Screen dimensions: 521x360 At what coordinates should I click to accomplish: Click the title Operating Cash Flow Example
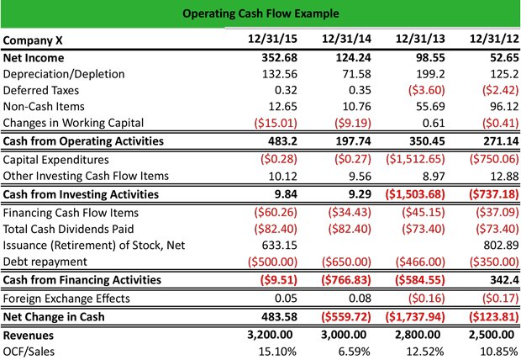tap(260, 13)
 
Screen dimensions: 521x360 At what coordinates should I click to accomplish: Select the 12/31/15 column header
tap(272, 39)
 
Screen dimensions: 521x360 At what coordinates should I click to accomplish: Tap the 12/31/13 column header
tap(420, 39)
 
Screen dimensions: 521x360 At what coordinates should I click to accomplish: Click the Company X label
tap(33, 40)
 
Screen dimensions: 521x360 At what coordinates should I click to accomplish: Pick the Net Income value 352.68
tap(280, 57)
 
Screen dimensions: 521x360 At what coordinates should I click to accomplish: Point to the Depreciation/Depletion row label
tap(64, 74)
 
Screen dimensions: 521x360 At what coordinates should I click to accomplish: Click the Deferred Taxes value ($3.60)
tap(427, 90)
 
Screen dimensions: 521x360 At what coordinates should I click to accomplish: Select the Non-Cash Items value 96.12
tap(504, 107)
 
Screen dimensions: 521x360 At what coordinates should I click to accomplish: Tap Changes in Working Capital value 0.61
tap(434, 123)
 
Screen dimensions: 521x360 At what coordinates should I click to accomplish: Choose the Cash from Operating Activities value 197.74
tap(353, 141)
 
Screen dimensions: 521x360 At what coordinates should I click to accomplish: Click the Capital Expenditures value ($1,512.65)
tap(415, 159)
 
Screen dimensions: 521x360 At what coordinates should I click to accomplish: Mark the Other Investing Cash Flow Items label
tap(86, 176)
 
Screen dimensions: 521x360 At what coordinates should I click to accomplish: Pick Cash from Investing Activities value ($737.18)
tap(494, 194)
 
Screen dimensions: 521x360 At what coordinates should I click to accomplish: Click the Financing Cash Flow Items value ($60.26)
tap(276, 212)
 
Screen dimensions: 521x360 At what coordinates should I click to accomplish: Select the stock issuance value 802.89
tap(501, 246)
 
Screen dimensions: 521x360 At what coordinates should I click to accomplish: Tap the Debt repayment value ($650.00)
tap(346, 262)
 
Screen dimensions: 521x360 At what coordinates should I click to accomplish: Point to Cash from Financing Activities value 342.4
tap(504, 280)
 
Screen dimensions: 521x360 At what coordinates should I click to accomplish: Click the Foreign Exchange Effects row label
tap(66, 299)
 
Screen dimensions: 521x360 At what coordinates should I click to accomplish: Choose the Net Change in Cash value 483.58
tap(280, 316)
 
